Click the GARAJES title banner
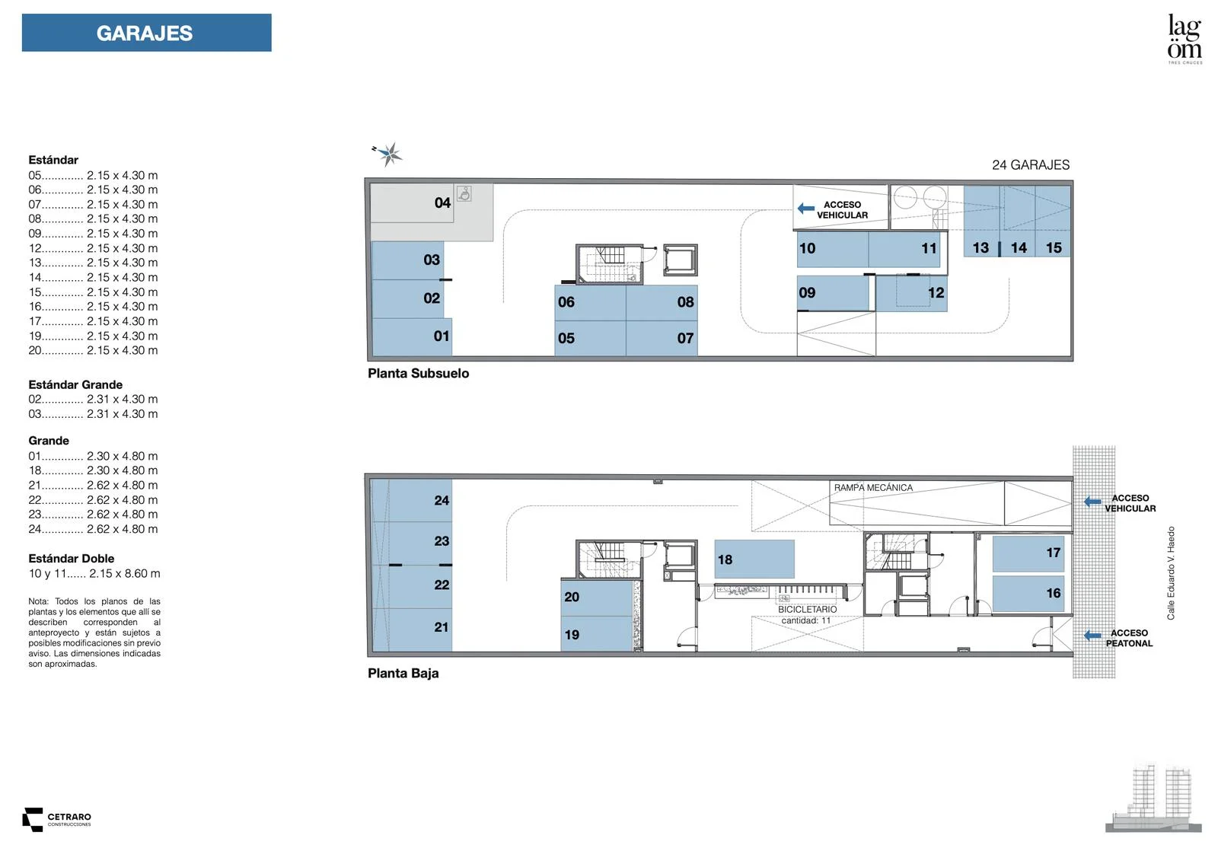[x=146, y=33]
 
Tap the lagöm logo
[x=1185, y=38]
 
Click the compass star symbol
[x=388, y=155]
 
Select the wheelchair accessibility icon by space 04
[x=464, y=193]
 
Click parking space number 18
[x=754, y=559]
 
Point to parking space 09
[x=833, y=293]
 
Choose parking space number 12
[x=912, y=294]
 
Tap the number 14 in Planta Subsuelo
[x=1019, y=248]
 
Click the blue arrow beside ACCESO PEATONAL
[x=1092, y=635]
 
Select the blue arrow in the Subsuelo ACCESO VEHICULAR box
[x=806, y=209]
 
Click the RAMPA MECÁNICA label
[x=873, y=488]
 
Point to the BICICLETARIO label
[x=807, y=609]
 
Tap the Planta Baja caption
[x=403, y=673]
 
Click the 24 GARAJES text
[x=1031, y=164]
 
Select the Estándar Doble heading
[x=72, y=559]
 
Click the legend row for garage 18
[x=93, y=470]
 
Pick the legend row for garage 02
[x=93, y=399]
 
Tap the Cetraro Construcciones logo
[x=56, y=820]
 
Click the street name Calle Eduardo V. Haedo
[x=1171, y=573]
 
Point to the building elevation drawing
[x=1153, y=798]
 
